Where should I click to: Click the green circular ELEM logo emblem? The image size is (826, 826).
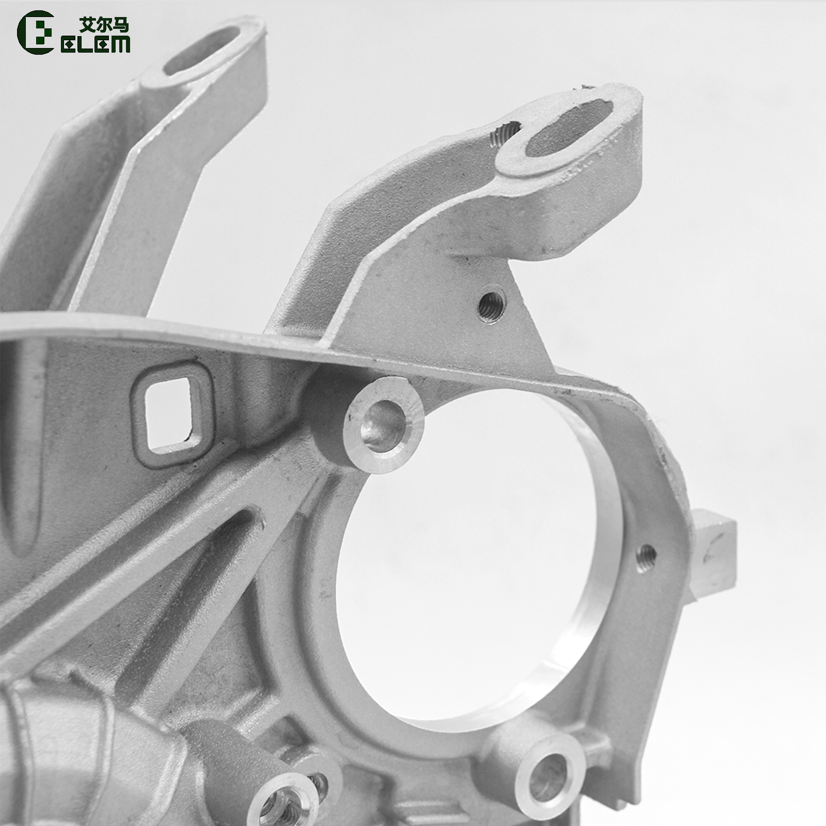[35, 32]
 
